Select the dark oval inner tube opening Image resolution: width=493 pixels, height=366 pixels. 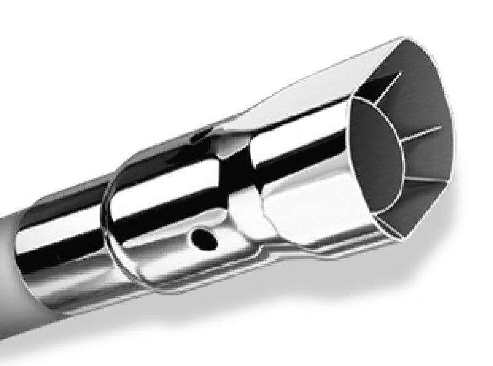tap(375, 142)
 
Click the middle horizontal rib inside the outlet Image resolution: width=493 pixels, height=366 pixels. tap(425, 131)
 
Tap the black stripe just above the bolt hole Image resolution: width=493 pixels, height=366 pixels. tap(185, 209)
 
